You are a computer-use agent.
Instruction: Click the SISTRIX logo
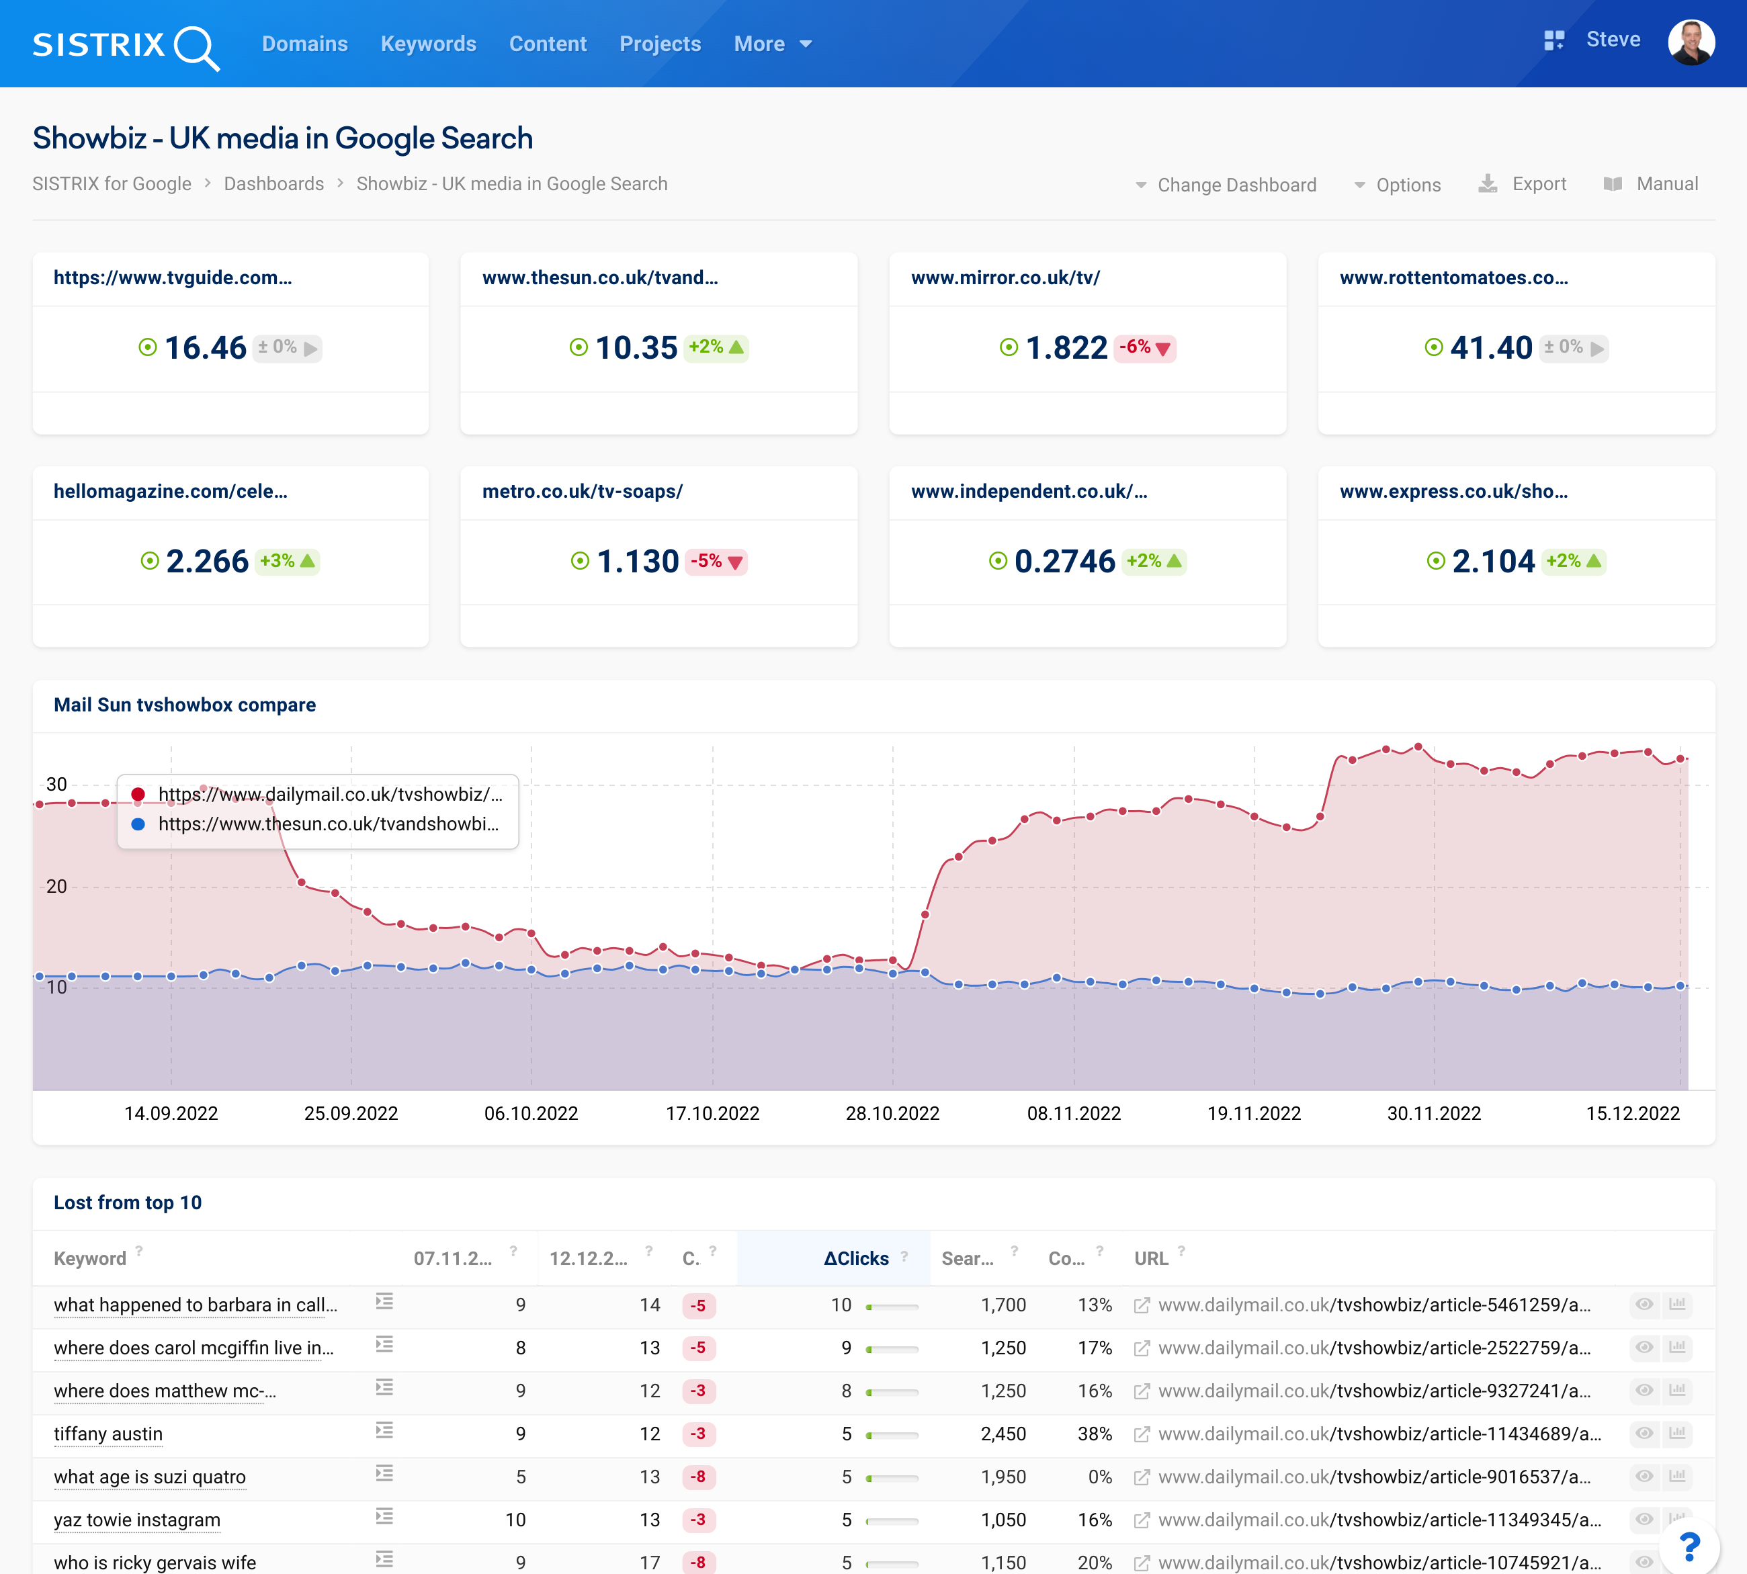click(x=126, y=45)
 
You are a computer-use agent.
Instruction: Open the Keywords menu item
click(x=428, y=44)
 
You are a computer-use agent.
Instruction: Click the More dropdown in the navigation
click(x=771, y=44)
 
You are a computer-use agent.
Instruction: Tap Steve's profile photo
click(x=1690, y=42)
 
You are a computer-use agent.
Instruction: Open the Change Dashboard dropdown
click(x=1226, y=185)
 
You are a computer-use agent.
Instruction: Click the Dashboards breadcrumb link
click(x=273, y=184)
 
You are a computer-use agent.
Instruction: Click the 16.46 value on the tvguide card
click(x=205, y=348)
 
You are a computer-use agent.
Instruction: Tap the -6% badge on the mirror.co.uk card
click(x=1144, y=348)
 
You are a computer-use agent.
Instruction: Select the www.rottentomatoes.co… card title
click(x=1453, y=277)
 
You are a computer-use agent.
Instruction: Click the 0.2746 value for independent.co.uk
click(x=1064, y=561)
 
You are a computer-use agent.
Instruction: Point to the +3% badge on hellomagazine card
click(x=286, y=561)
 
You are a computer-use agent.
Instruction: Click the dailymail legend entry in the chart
click(x=329, y=794)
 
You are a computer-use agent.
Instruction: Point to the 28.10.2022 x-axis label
click(x=892, y=1113)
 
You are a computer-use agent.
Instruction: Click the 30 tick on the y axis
click(x=56, y=785)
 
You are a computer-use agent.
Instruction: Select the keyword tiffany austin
click(x=108, y=1434)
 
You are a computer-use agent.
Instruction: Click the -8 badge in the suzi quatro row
click(x=698, y=1477)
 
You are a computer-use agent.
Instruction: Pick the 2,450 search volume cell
click(x=1003, y=1434)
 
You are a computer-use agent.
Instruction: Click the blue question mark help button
click(x=1689, y=1546)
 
